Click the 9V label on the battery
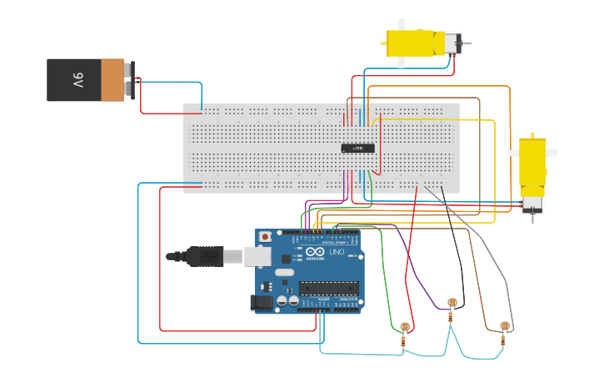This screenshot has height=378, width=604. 77,81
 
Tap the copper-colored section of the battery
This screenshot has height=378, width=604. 112,80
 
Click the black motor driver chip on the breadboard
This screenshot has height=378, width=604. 357,148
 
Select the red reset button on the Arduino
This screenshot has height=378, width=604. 265,237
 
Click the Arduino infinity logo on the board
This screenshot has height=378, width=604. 315,251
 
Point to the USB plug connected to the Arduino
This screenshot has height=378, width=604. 205,256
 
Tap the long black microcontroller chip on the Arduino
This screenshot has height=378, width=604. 329,288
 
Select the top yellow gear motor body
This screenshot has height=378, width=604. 412,43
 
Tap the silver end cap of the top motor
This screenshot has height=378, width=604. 452,43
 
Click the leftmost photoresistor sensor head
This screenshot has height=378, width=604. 405,326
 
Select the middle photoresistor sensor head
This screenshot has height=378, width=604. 452,302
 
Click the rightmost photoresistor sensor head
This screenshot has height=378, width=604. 504,325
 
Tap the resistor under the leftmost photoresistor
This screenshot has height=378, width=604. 404,340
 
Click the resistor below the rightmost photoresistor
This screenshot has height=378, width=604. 503,340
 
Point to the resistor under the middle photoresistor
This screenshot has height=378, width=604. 452,316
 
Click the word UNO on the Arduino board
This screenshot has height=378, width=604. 337,251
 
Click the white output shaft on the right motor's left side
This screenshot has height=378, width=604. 513,153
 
